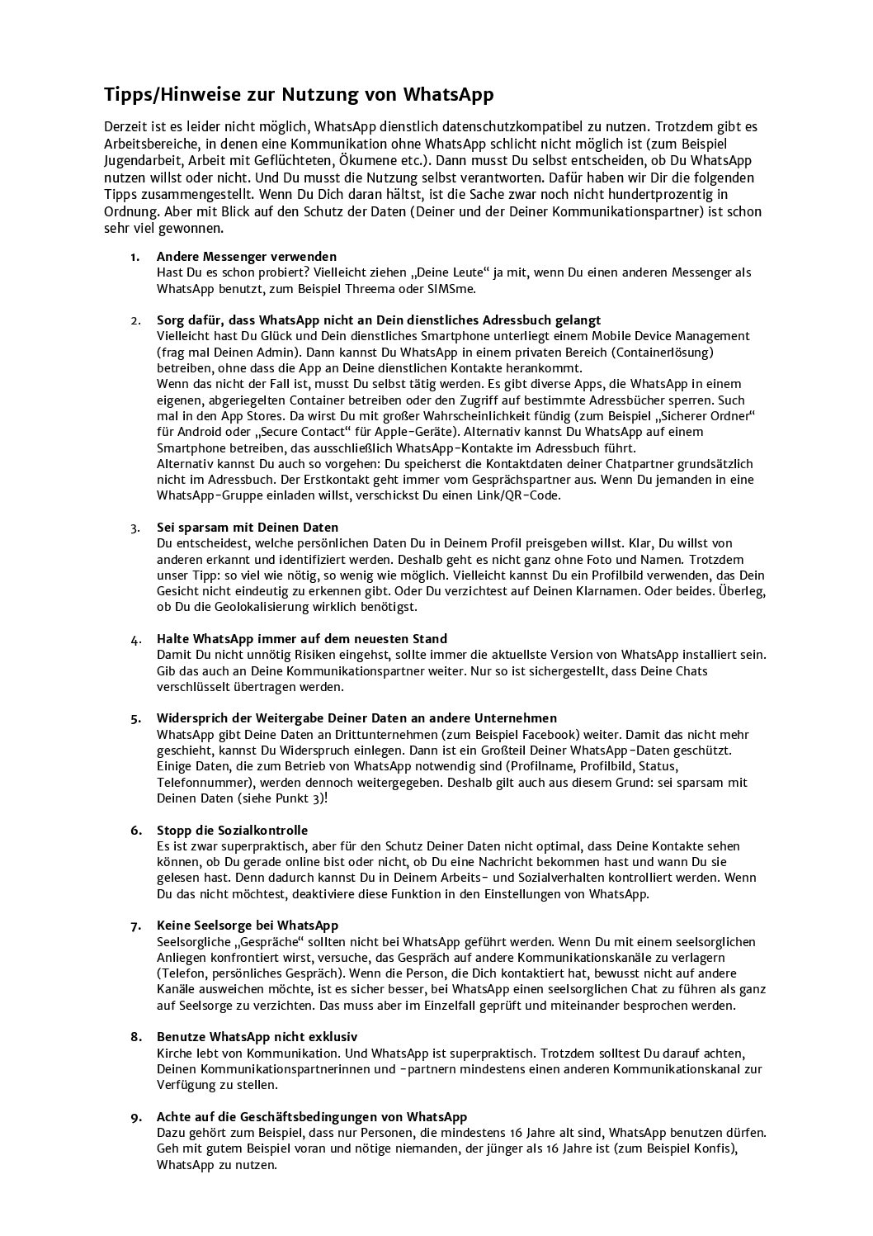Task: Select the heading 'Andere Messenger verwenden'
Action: [246, 256]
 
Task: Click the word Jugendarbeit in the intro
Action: [144, 160]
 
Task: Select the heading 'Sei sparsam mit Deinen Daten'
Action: [248, 527]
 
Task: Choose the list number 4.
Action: [134, 639]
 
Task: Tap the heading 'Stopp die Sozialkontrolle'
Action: [232, 830]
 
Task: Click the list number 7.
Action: [134, 926]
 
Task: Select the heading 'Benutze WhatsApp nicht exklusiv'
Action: [257, 1037]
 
